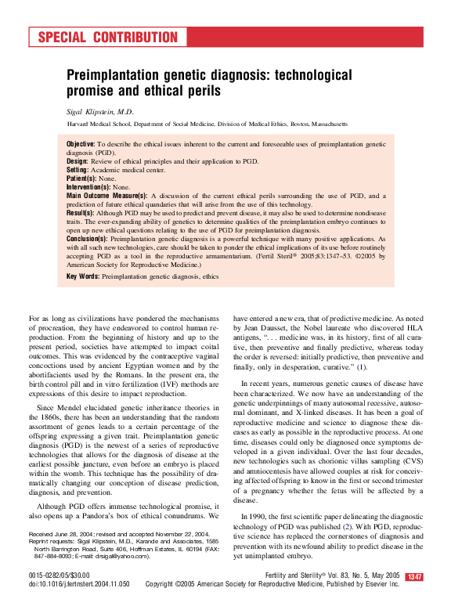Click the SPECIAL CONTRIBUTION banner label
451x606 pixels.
click(107, 38)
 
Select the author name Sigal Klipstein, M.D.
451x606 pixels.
click(100, 112)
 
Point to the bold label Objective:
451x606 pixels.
click(81, 145)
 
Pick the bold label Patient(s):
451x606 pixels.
click(82, 178)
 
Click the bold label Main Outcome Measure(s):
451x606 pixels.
click(106, 196)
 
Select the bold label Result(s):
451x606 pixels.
click(81, 213)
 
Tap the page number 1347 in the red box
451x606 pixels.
click(414, 577)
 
